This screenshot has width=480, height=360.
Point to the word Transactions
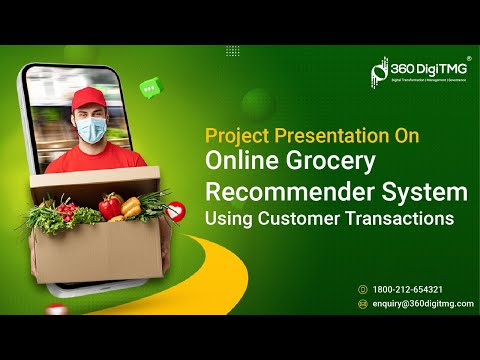[x=399, y=216]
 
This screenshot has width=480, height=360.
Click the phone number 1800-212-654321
[x=407, y=289]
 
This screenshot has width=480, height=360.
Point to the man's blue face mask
[x=92, y=129]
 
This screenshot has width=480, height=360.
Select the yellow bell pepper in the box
[x=131, y=207]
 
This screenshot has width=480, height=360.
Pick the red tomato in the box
[x=110, y=206]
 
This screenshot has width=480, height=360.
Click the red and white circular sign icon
[x=176, y=211]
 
